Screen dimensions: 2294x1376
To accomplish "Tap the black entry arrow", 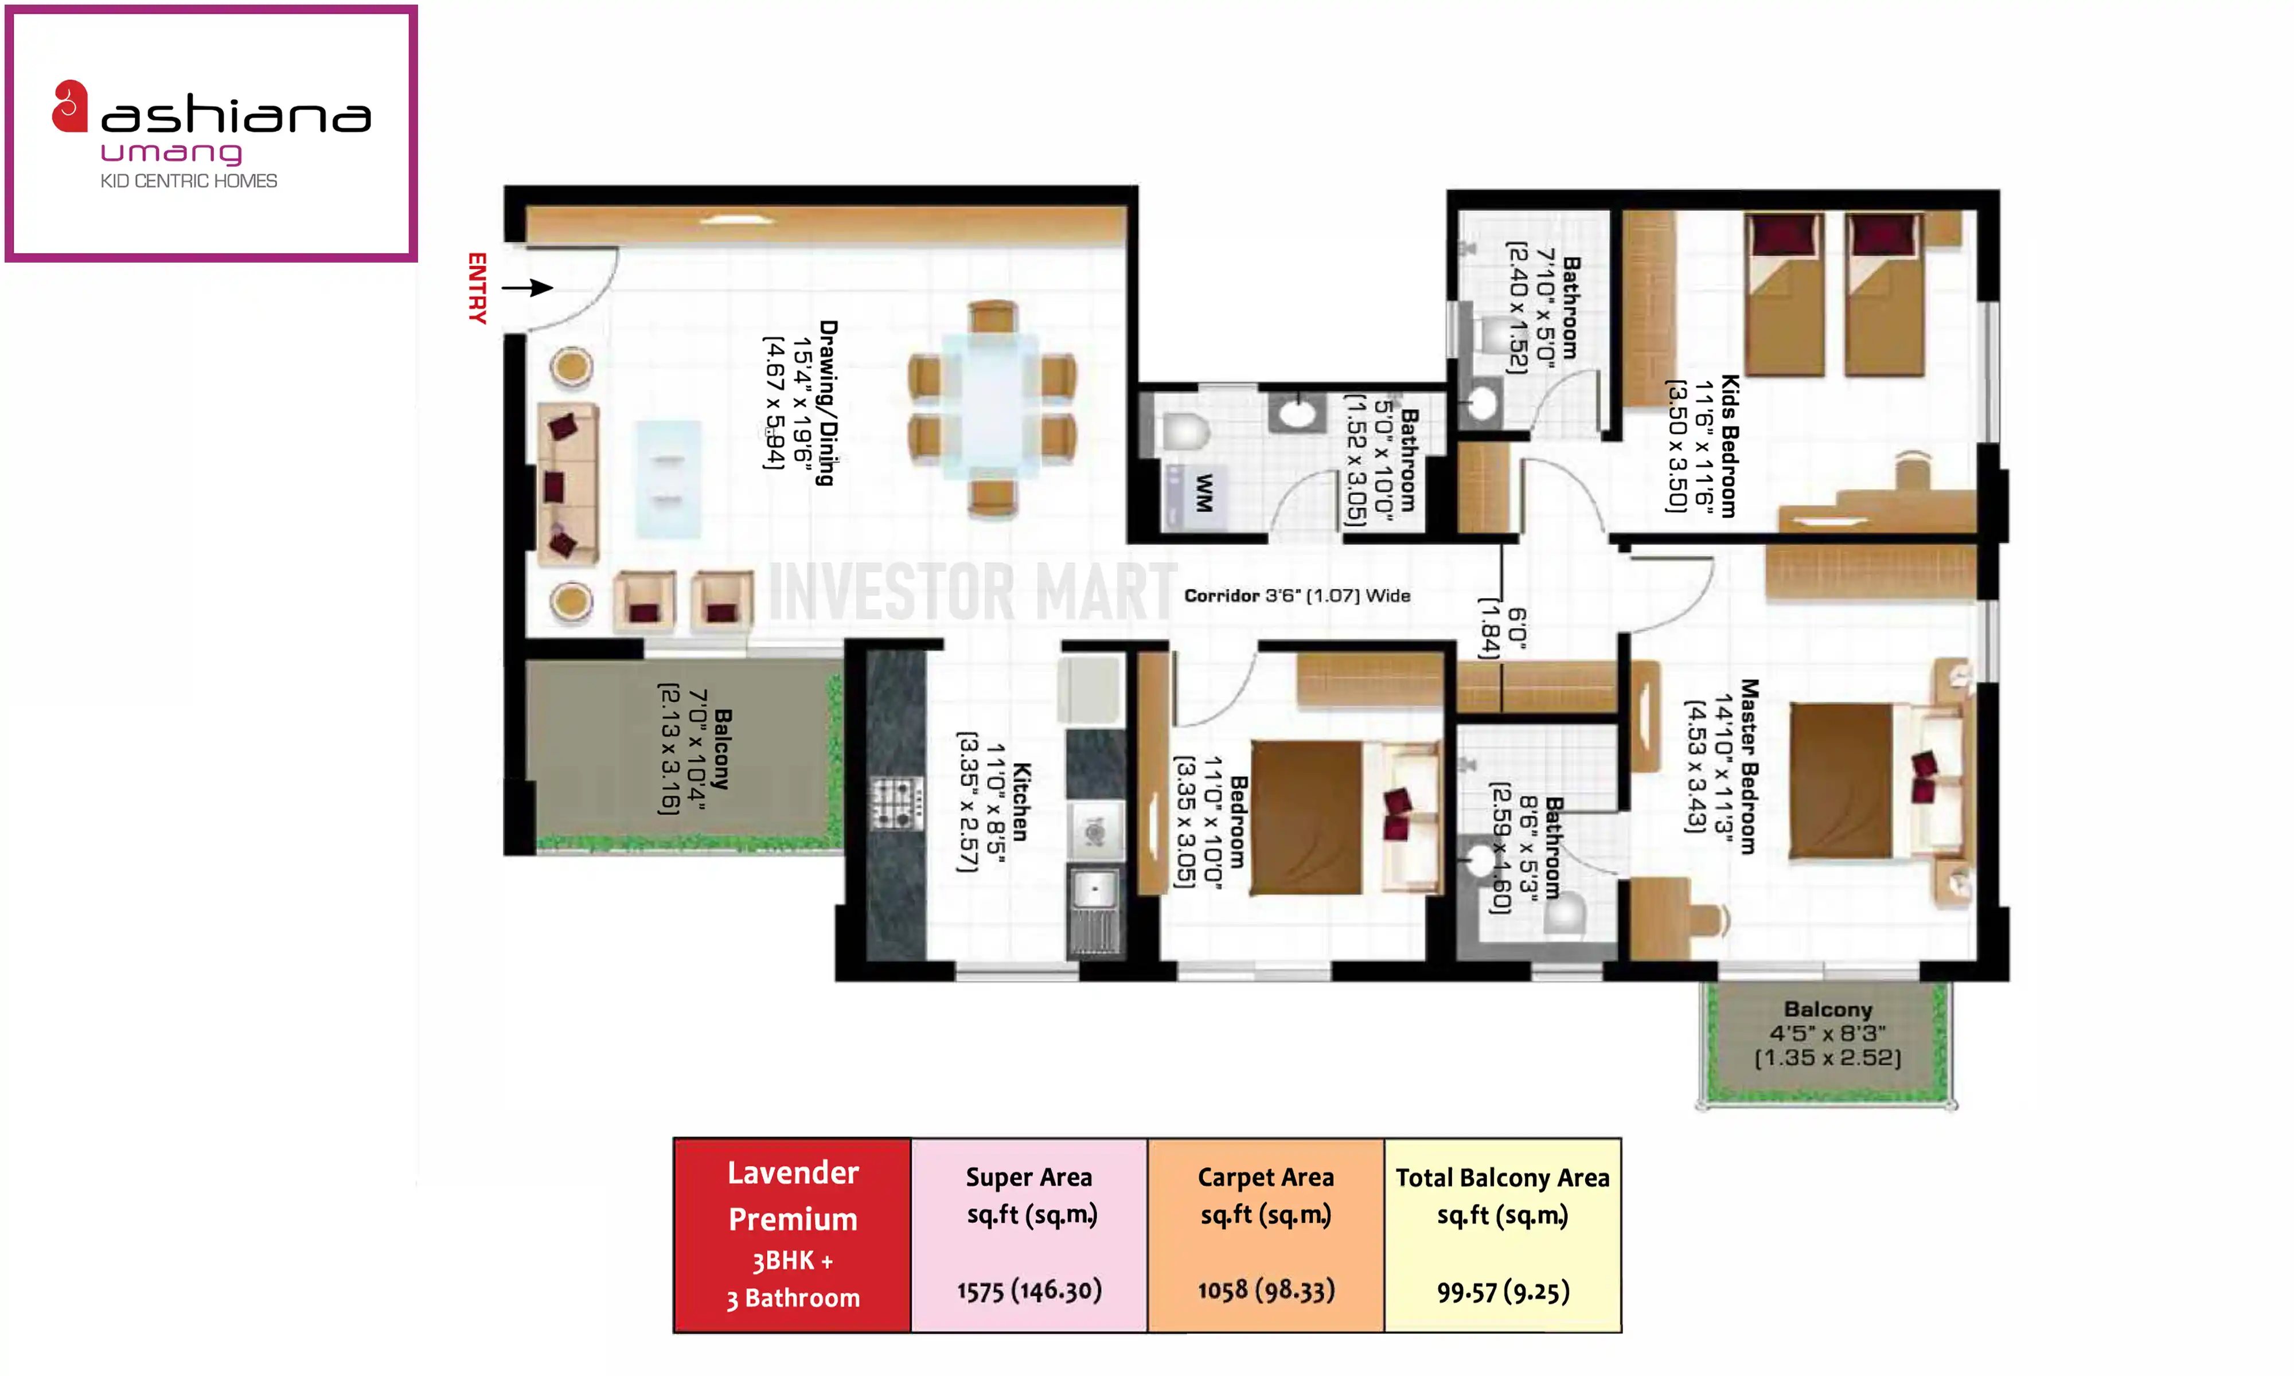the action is click(528, 287).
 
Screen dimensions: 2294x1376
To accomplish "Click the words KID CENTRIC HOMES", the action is click(189, 181).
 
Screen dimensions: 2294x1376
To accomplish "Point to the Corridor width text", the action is click(1297, 595).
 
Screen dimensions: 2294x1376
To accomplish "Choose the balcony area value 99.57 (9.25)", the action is click(1503, 1291).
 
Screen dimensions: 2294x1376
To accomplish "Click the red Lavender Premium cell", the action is click(793, 1235).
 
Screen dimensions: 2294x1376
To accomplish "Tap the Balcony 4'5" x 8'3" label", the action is click(1828, 1033).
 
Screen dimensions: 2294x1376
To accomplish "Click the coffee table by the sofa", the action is click(668, 479).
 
